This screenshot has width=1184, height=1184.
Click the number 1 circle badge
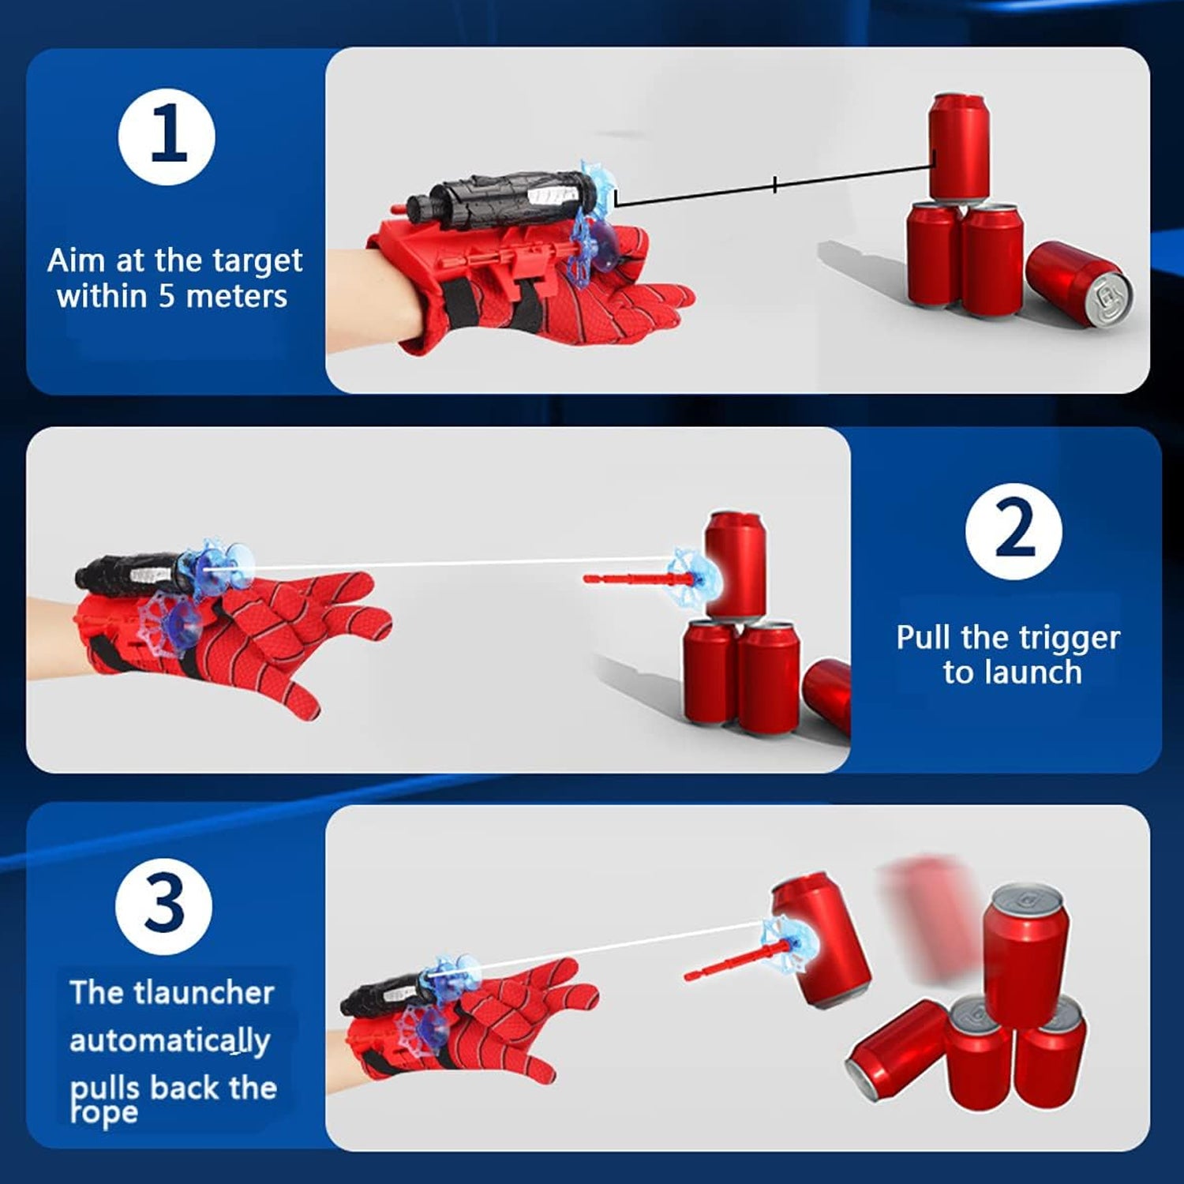pyautogui.click(x=167, y=137)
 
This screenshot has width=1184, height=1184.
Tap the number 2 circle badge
pyautogui.click(x=1014, y=531)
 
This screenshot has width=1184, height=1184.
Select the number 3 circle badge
pyautogui.click(x=164, y=906)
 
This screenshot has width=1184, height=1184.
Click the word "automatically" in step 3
pyautogui.click(x=170, y=1041)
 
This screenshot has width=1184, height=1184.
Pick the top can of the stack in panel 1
pyautogui.click(x=958, y=146)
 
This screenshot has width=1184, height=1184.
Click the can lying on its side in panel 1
pyautogui.click(x=1078, y=283)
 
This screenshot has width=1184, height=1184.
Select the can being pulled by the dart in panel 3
pyautogui.click(x=821, y=939)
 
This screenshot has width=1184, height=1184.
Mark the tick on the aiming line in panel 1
pyautogui.click(x=775, y=185)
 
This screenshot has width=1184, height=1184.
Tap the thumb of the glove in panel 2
pyautogui.click(x=296, y=695)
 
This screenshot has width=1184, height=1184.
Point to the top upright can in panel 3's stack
pyautogui.click(x=1025, y=955)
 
